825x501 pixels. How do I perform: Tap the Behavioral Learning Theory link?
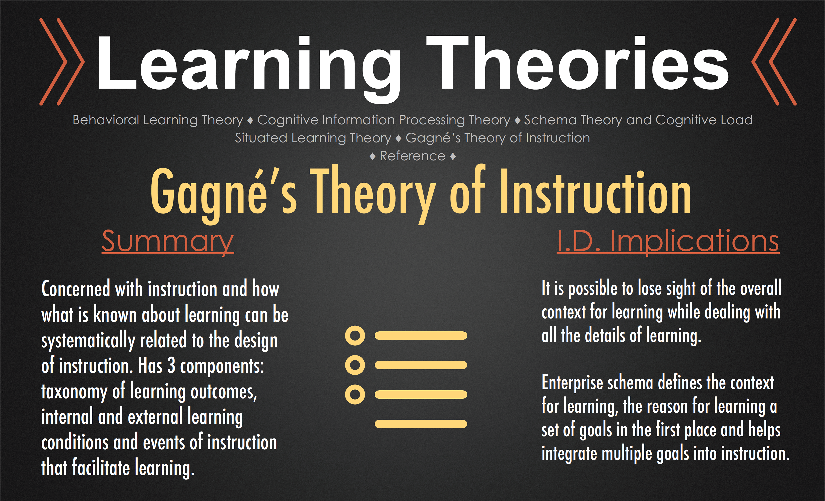pos(158,120)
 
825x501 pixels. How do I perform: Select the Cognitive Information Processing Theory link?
pos(384,120)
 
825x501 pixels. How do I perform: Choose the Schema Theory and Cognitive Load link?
pos(638,120)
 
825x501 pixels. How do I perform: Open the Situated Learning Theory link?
pos(313,138)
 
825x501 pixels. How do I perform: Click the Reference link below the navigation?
pos(412,156)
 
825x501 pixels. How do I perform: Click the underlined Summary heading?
pos(168,242)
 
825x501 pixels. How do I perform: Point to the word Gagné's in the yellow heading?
pos(224,194)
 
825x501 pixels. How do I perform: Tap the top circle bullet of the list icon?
pos(355,335)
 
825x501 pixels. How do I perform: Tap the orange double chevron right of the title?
pos(774,62)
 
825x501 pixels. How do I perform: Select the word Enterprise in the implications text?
pos(572,383)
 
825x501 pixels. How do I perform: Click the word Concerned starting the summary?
pos(76,289)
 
